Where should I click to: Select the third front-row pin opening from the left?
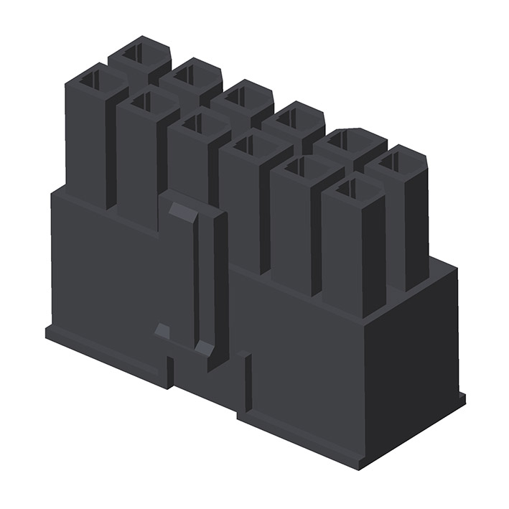pyautogui.click(x=192, y=123)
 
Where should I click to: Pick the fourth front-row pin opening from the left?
pyautogui.click(x=244, y=145)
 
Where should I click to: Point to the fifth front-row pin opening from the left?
pyautogui.click(x=296, y=167)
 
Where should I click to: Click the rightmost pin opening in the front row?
pyautogui.click(x=347, y=189)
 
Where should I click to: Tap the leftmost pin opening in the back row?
pyautogui.click(x=134, y=52)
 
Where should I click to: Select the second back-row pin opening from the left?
pyautogui.click(x=185, y=73)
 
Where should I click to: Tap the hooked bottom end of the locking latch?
pyautogui.click(x=204, y=348)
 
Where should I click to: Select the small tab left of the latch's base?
pyautogui.click(x=162, y=331)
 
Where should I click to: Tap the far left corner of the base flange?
pyautogui.click(x=47, y=332)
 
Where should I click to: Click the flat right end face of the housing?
pyautogui.click(x=413, y=359)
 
